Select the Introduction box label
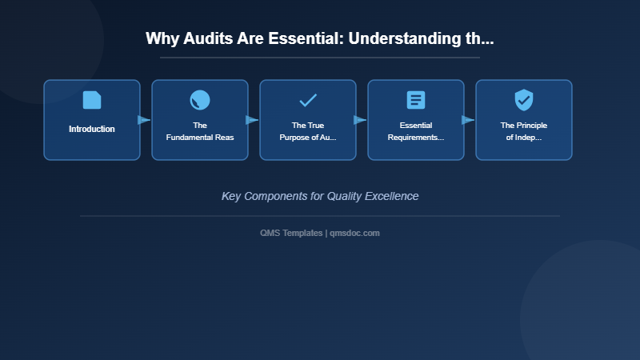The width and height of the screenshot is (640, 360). point(92,129)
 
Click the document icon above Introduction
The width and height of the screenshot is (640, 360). point(92,100)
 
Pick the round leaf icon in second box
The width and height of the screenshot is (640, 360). point(200,100)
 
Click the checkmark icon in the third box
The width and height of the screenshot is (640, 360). point(308,100)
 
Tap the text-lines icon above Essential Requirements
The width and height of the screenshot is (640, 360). point(416,100)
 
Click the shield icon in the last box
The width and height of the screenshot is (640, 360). point(524,100)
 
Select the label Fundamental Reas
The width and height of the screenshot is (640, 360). point(200,138)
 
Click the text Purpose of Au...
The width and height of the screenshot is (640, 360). point(308,138)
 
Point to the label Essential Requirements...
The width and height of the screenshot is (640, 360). point(416,131)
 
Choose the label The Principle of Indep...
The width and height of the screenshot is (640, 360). point(524,131)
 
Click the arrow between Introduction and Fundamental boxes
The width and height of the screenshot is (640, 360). point(144,120)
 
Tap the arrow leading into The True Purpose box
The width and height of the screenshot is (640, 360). point(252,120)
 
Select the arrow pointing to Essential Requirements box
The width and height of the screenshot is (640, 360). point(360,120)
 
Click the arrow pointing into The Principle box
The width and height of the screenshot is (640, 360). point(468,120)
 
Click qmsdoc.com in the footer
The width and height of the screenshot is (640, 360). point(355,233)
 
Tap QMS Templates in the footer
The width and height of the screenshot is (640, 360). point(291,233)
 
